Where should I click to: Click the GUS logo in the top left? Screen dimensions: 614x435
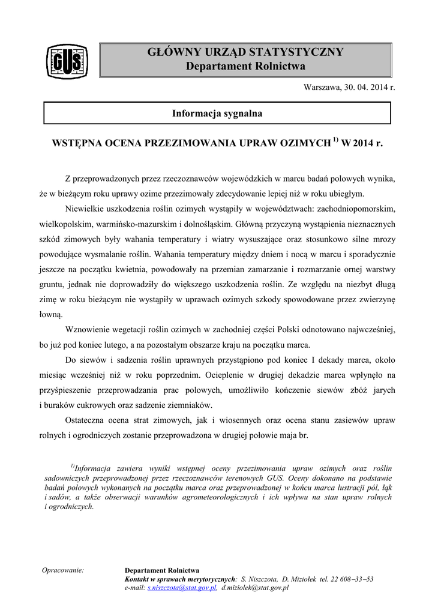point(67,61)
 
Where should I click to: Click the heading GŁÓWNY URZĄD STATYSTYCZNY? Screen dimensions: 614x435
point(245,52)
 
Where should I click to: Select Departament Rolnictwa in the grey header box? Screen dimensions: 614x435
point(245,66)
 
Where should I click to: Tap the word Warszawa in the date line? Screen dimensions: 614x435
point(322,88)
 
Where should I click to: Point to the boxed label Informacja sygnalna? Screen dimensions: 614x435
point(217,113)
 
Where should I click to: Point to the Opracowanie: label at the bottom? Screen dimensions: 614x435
point(62,570)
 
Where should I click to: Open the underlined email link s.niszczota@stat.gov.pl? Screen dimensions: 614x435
point(182,588)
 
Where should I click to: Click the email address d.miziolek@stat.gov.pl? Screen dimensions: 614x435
point(255,588)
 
